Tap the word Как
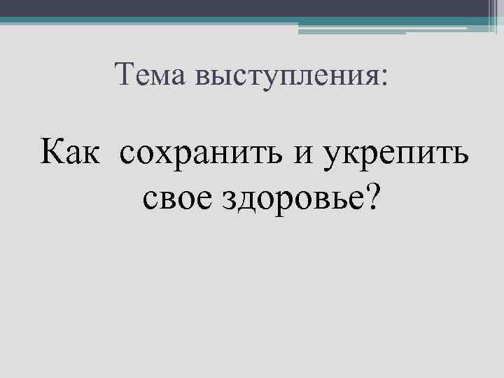click(72, 150)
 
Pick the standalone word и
click(304, 153)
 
